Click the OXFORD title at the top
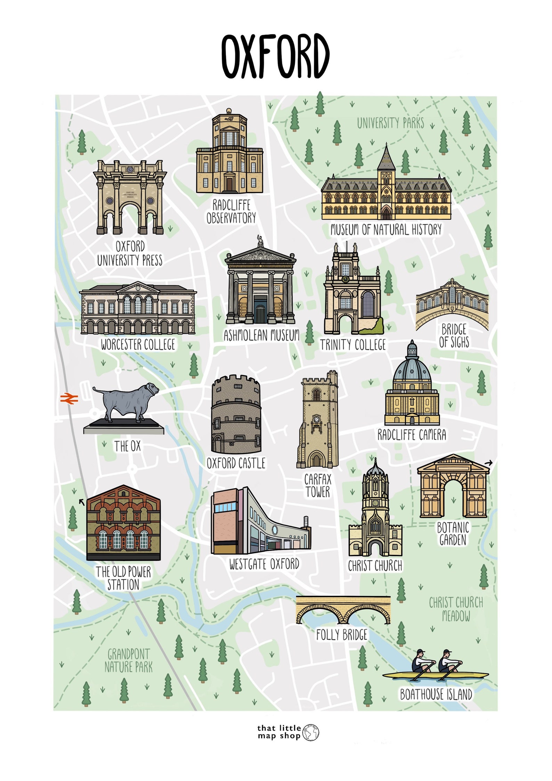click(x=275, y=56)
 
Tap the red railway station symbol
click(x=69, y=399)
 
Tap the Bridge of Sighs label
click(x=454, y=336)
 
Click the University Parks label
click(x=391, y=123)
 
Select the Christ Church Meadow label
click(x=456, y=609)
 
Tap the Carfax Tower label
click(x=318, y=486)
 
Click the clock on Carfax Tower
click(x=316, y=419)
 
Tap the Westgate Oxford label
click(x=264, y=564)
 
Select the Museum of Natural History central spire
click(x=386, y=158)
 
